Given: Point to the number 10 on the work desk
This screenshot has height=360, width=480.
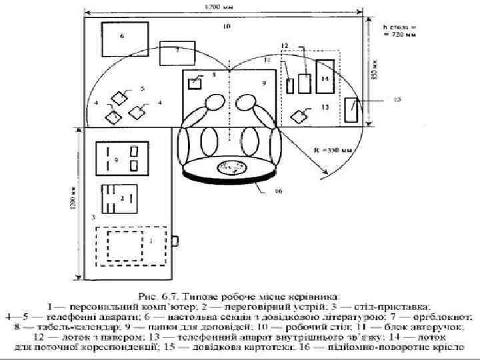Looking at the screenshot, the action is click(x=227, y=27).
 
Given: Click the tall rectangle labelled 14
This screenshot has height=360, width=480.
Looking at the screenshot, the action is click(x=325, y=79).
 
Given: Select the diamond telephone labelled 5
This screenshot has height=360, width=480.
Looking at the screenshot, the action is click(x=119, y=97).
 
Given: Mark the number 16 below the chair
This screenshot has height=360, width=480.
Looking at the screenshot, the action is click(x=278, y=191).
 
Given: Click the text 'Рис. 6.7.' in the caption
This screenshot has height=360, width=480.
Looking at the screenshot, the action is click(x=155, y=292).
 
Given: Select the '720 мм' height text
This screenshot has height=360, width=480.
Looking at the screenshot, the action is click(x=398, y=35).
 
